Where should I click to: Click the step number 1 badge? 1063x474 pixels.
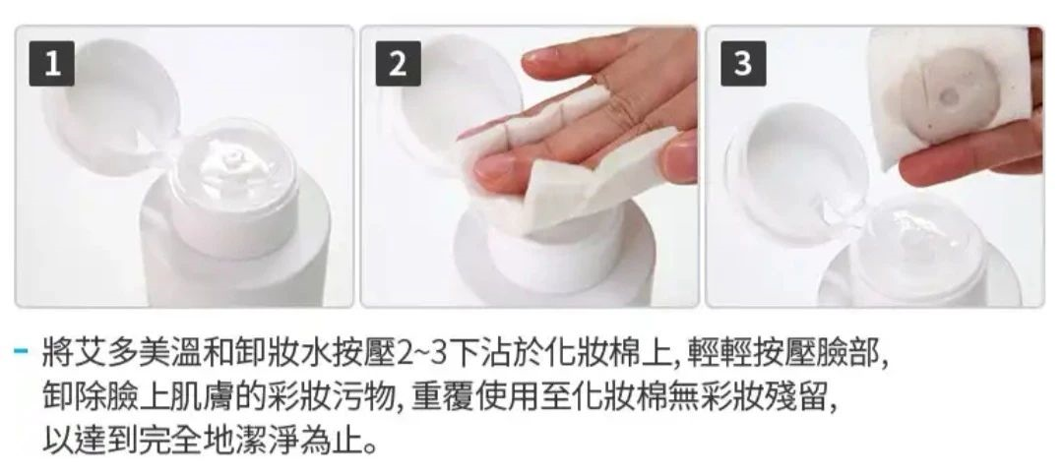(51, 64)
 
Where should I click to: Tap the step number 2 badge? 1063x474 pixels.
(398, 64)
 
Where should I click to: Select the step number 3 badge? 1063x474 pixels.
(743, 64)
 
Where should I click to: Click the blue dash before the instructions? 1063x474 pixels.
(21, 351)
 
